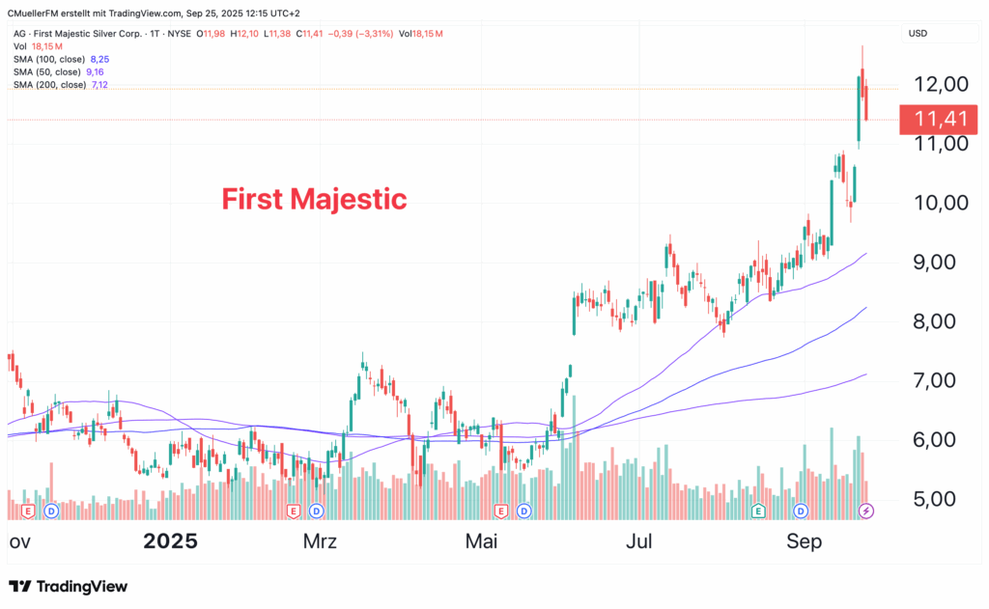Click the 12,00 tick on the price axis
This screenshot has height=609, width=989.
point(941,84)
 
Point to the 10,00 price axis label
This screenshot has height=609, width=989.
point(941,203)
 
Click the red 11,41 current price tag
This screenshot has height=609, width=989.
point(940,121)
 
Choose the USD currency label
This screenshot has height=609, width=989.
point(918,34)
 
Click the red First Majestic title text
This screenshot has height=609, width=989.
point(314,200)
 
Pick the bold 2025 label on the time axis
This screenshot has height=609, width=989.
point(170,541)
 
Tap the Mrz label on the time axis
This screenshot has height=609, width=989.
point(320,541)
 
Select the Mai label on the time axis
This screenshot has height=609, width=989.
point(481,541)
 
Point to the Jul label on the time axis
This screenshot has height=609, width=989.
point(640,541)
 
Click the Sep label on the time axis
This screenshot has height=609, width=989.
point(804,541)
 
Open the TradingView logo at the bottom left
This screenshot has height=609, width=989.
point(68,587)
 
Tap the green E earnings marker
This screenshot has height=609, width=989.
point(758,510)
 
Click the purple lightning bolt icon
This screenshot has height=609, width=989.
point(866,510)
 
